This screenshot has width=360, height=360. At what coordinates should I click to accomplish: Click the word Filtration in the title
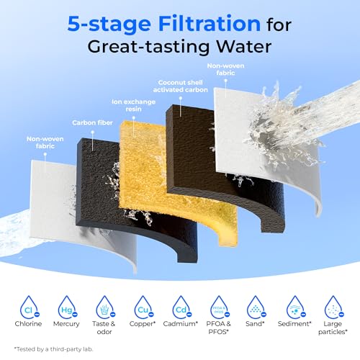210,24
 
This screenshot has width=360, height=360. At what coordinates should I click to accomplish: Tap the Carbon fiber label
92,123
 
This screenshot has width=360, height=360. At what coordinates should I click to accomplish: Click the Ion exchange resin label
133,105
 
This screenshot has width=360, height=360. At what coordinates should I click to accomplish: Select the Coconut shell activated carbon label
181,86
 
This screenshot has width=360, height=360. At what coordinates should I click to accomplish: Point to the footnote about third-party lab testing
53,349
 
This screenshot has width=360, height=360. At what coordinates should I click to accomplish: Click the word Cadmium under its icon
180,324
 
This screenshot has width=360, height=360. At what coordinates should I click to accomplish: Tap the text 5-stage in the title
109,24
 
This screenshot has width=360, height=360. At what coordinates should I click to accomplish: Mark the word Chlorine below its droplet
28,324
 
